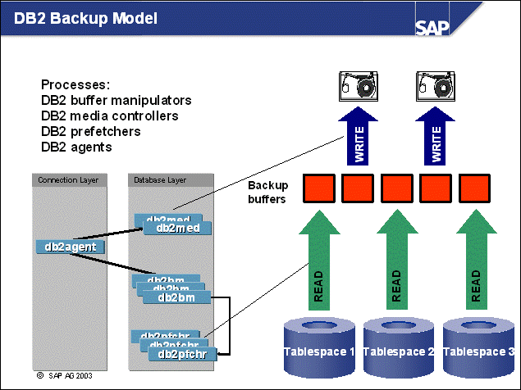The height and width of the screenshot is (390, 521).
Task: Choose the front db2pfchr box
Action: pos(181,355)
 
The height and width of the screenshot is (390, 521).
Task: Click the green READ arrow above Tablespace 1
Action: pos(318,261)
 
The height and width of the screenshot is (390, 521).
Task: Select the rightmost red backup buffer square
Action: pos(476,188)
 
